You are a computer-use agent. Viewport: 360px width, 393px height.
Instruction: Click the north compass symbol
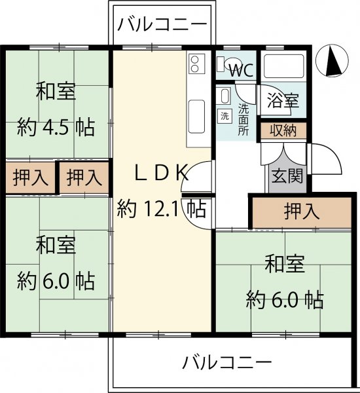point(332,61)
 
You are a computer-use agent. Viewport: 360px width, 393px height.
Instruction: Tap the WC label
point(242,71)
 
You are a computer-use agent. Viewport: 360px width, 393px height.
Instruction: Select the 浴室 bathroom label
point(283,100)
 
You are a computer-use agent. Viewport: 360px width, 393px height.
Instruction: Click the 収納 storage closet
point(283,130)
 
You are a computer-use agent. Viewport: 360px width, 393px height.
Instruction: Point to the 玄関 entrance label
point(287,176)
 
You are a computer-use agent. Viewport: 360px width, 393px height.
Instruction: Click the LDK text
point(162,172)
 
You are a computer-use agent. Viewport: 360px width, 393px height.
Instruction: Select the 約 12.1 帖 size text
point(162,208)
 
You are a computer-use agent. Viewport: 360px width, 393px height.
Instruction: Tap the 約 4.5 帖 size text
point(56,127)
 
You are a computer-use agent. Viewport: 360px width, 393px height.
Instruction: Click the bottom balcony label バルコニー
point(227,362)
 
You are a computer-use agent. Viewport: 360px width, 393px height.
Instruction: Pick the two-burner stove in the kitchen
point(196,64)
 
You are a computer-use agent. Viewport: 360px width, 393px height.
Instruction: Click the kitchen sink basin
point(196,117)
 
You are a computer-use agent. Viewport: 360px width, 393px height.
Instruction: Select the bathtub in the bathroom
point(283,66)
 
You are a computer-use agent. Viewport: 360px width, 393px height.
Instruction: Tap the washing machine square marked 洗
point(225,116)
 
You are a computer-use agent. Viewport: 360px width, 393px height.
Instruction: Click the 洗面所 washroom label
point(243,120)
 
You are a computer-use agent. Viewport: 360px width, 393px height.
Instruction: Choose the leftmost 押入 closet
point(30,178)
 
